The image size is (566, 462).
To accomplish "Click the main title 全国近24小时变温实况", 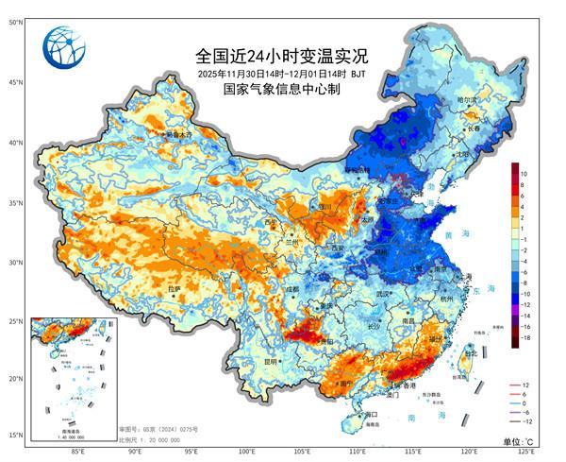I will click(x=268, y=55).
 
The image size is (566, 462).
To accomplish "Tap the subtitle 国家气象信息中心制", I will click(x=268, y=90).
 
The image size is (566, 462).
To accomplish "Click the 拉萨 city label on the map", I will click(x=173, y=288).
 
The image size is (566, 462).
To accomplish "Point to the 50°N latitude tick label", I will click(x=16, y=22).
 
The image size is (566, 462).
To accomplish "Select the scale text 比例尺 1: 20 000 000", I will click(x=152, y=439).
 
